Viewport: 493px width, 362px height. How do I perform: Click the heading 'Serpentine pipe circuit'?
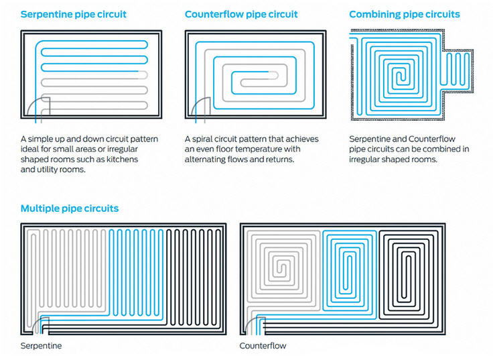click(73, 14)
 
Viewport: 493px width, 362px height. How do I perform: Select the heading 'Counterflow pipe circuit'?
click(241, 14)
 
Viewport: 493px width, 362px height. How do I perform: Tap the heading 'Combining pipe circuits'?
click(405, 14)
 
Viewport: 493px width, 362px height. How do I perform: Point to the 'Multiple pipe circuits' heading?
click(70, 208)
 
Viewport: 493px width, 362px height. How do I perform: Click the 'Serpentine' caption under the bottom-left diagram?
click(41, 346)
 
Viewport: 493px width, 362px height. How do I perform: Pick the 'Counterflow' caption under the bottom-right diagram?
click(263, 346)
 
